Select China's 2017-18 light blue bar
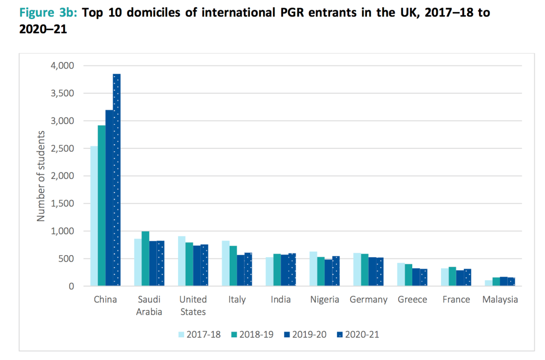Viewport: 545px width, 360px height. pyautogui.click(x=94, y=216)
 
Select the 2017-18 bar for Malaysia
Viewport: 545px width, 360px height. pyautogui.click(x=488, y=283)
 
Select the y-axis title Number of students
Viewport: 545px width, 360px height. pyautogui.click(x=41, y=176)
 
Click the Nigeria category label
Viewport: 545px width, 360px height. pyautogui.click(x=324, y=299)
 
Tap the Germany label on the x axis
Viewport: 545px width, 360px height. pyautogui.click(x=368, y=299)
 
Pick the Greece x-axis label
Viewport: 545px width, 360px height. pyautogui.click(x=412, y=299)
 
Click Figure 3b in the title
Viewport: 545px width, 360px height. pyautogui.click(x=48, y=13)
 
